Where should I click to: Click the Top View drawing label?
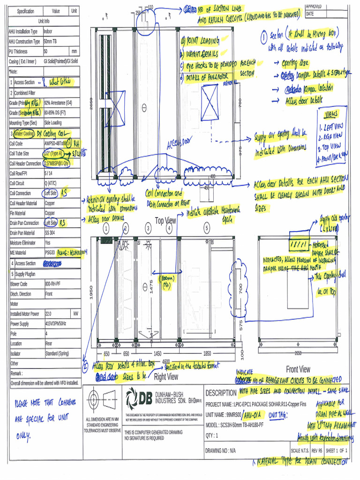[165, 220]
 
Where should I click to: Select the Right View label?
[166, 376]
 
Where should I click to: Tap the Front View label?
[298, 369]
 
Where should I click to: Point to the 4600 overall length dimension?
[166, 361]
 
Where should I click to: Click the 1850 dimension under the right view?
[207, 353]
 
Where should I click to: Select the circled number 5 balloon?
[207, 228]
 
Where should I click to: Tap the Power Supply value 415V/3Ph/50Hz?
[56, 323]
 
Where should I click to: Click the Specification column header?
[25, 11]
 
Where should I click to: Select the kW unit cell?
[75, 314]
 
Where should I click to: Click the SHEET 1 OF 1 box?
[337, 451]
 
